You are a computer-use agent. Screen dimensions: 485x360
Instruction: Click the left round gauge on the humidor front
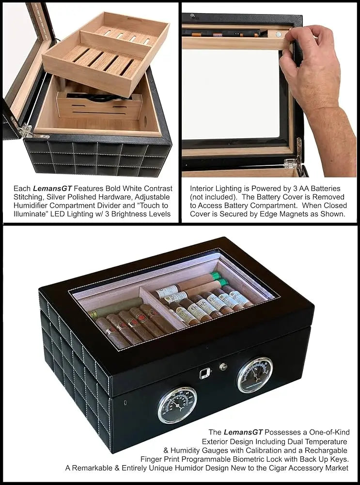pyautogui.click(x=177, y=404)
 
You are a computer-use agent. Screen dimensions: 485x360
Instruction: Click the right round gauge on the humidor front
pyautogui.click(x=255, y=375)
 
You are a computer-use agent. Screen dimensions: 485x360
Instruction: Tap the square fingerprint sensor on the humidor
pyautogui.click(x=205, y=373)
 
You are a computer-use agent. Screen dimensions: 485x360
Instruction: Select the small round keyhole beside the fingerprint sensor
pyautogui.click(x=223, y=367)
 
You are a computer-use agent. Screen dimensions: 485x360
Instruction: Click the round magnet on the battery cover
pyautogui.click(x=279, y=35)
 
